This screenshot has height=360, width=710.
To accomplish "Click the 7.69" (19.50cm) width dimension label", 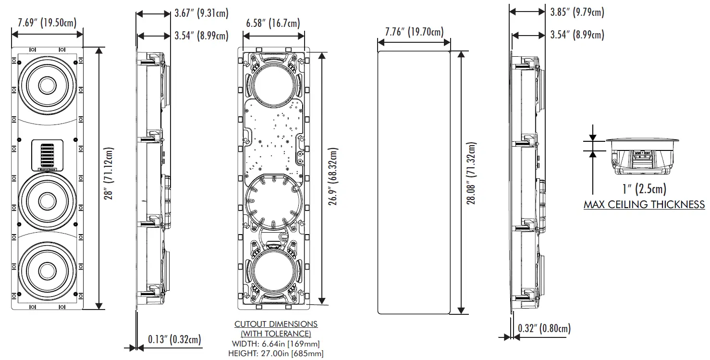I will click(x=47, y=22).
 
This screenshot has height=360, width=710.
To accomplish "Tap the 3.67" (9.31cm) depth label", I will click(x=201, y=13).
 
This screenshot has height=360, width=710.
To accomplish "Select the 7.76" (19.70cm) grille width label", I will click(x=414, y=32).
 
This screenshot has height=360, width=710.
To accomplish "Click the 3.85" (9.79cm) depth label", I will click(x=577, y=12).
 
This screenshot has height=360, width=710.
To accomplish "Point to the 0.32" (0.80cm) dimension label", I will click(x=544, y=329).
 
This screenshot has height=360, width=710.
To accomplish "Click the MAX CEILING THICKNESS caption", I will click(x=644, y=205).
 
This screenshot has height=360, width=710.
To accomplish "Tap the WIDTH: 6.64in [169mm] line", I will click(x=275, y=344).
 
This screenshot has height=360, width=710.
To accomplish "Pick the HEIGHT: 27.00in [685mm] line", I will click(x=275, y=354).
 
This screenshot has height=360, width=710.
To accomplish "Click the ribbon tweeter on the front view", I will click(x=47, y=154).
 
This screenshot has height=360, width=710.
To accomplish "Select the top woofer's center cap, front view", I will click(x=47, y=85).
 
